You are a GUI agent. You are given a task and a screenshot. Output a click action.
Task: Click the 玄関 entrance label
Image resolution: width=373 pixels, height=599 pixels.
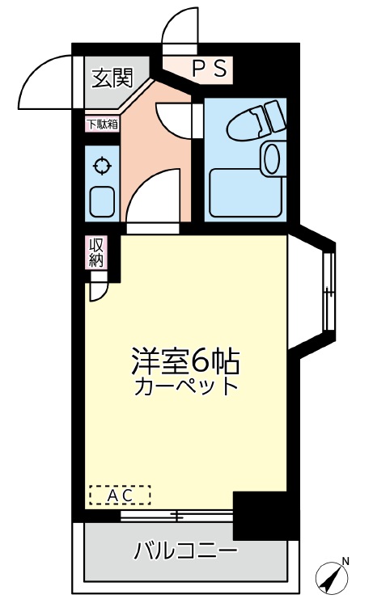[112, 78]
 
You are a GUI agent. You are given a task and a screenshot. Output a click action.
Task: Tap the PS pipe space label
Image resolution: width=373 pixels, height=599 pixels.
[210, 69]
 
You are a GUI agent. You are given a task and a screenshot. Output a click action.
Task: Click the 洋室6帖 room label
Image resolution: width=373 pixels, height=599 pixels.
[186, 361]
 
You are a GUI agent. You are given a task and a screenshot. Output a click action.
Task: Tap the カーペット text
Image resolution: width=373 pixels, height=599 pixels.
[186, 386]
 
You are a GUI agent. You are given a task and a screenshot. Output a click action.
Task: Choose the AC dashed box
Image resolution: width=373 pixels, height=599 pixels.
[120, 496]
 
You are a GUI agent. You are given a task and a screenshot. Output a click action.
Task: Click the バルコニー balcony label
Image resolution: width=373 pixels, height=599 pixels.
[185, 550]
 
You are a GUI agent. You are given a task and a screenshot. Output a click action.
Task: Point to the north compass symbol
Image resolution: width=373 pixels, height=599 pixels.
[333, 576]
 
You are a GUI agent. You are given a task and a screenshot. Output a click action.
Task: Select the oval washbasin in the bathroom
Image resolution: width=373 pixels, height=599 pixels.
[272, 158]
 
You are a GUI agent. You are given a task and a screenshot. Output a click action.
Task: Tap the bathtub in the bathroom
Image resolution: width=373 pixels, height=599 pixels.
[247, 192]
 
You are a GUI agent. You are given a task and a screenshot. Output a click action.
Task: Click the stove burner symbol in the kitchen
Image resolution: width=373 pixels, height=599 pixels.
[103, 166]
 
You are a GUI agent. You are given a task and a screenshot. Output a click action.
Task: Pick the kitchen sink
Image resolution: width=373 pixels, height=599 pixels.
[102, 202]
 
